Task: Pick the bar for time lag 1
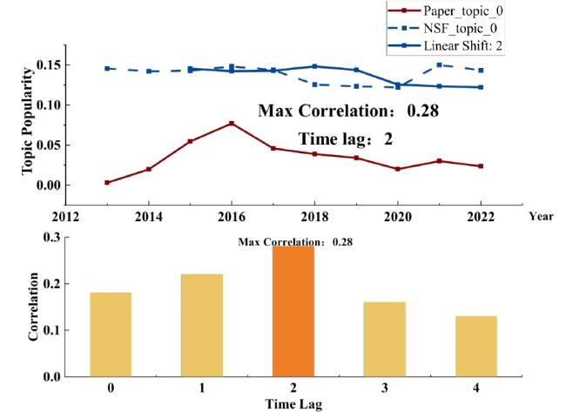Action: tap(201, 325)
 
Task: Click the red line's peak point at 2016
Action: tap(232, 123)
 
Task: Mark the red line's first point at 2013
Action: tap(107, 183)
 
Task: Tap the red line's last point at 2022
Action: tap(481, 165)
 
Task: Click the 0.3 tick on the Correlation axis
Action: tap(52, 237)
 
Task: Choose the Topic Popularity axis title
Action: tap(26, 128)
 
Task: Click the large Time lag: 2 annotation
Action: tap(346, 138)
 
